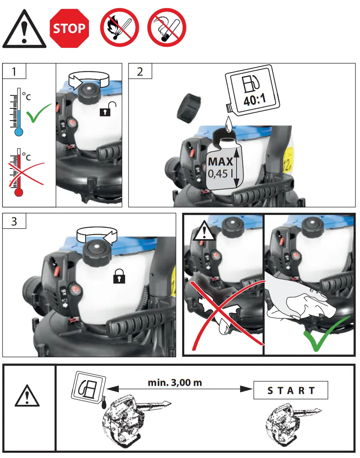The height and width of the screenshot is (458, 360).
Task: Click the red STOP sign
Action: point(69,28)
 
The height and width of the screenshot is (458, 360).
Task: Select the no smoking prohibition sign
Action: point(166,28)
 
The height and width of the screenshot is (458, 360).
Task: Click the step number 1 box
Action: point(15,71)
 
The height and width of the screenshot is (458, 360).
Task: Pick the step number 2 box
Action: point(140,71)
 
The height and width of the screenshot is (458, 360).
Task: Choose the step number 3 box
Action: point(15,222)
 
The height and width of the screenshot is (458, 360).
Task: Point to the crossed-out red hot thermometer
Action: point(18,173)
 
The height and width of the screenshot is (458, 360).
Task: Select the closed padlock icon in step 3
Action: point(119,277)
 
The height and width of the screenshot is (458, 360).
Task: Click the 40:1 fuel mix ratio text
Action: point(254,100)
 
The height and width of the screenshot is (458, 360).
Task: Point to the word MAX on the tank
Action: point(220,162)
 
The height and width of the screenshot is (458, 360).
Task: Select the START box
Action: point(291,391)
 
